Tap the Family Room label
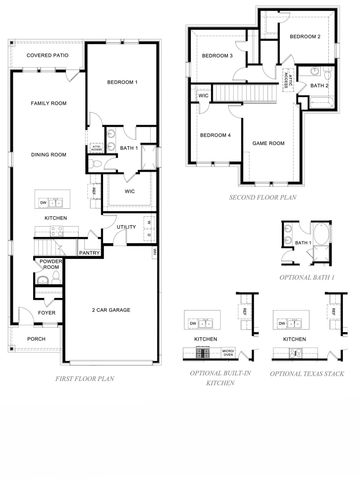(48, 103)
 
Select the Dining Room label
(48, 154)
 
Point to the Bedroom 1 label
(121, 81)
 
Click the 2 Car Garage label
(113, 309)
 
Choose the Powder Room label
(49, 265)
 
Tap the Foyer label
(47, 312)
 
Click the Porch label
(36, 338)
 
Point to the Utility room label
(126, 227)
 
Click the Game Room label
(268, 143)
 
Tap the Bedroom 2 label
(304, 36)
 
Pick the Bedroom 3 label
(218, 56)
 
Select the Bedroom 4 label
(215, 135)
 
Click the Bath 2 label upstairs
(318, 86)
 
